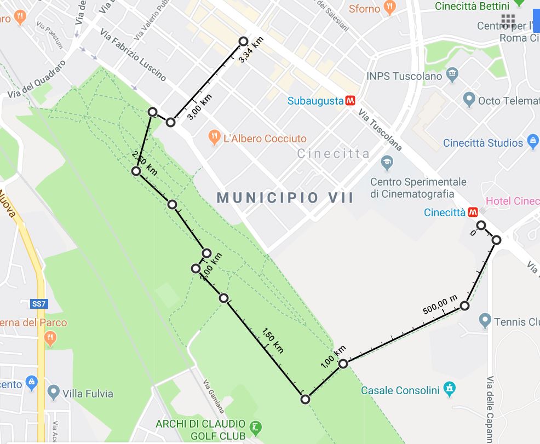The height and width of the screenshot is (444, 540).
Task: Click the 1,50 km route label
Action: click(273, 341)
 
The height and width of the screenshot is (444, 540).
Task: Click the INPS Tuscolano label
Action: click(404, 76)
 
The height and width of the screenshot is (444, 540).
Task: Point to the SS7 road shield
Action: click(37, 303)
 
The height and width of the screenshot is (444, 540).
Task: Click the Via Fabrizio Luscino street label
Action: click(133, 55)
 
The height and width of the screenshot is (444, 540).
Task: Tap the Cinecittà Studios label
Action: click(483, 143)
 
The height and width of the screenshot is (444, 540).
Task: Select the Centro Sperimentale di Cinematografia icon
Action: click(387, 163)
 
